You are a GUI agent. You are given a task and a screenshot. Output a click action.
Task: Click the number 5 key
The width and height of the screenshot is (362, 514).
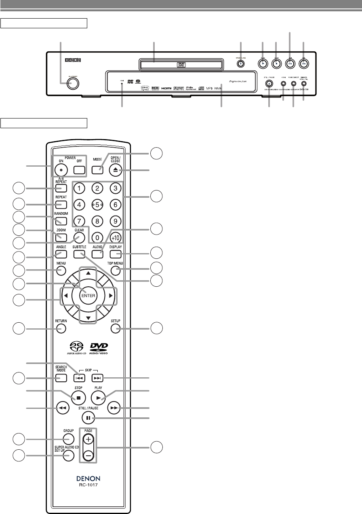click(x=97, y=205)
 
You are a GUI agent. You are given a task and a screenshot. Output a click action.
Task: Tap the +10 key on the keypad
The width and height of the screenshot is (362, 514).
click(x=115, y=238)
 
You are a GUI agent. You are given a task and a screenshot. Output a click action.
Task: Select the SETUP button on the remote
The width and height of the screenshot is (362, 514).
click(x=117, y=329)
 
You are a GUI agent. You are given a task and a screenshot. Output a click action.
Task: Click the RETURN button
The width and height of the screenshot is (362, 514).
click(x=61, y=329)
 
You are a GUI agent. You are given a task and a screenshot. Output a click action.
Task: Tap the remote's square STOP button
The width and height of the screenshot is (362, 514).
click(x=79, y=398)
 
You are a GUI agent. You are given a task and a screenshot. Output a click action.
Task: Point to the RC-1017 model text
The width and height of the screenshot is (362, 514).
click(x=88, y=486)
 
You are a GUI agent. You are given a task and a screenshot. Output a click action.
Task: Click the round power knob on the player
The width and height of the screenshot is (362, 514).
click(x=74, y=84)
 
